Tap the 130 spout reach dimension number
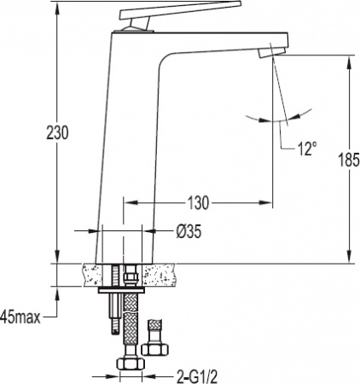199,203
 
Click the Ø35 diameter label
189,231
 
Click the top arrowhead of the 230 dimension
58,8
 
